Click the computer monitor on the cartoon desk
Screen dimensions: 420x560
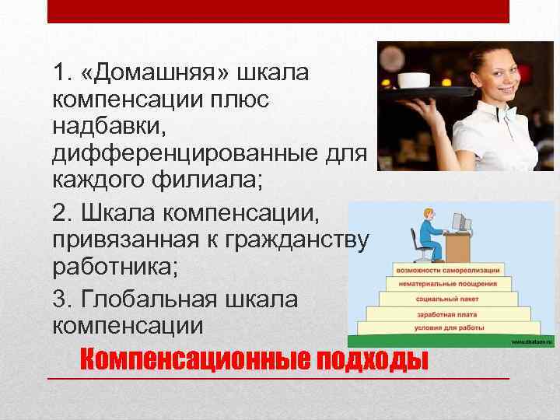460,221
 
